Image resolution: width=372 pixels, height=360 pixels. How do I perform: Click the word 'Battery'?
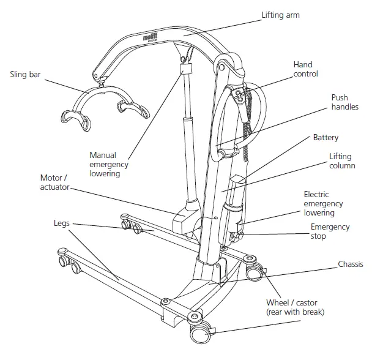[x=325, y=138]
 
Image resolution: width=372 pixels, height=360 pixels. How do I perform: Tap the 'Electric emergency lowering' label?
[x=324, y=204]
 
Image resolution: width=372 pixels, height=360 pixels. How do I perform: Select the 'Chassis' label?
[x=351, y=264]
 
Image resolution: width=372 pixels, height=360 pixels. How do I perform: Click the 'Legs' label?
[x=62, y=224]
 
